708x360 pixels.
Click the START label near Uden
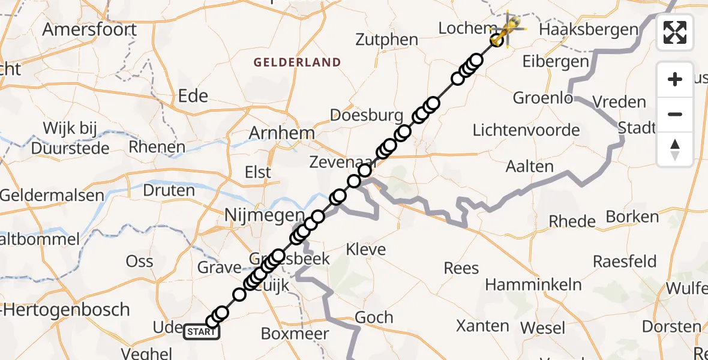[x=201, y=332]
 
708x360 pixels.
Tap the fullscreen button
[x=675, y=32]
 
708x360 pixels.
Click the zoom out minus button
[x=675, y=114]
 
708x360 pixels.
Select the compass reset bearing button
[x=675, y=149]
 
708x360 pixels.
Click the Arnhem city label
[x=282, y=133]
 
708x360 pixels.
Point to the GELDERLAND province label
[x=297, y=62]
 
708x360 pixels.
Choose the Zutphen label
[x=386, y=40]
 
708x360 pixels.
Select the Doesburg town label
[x=366, y=115]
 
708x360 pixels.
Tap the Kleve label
[x=365, y=248]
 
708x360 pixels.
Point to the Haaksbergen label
[x=588, y=29]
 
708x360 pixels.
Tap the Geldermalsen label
[x=52, y=196]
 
